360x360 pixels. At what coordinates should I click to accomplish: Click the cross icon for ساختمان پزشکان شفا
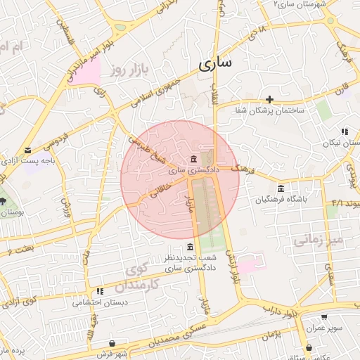[269, 98]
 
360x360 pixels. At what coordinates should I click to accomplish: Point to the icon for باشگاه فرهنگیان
[281, 188]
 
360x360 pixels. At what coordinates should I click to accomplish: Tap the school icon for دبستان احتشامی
[100, 291]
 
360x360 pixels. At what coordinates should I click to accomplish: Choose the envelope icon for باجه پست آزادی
[27, 150]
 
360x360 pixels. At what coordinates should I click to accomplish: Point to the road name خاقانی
[157, 191]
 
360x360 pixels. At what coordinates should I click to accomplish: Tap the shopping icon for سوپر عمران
[304, 317]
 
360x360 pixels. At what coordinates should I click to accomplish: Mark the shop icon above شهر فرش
[112, 343]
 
